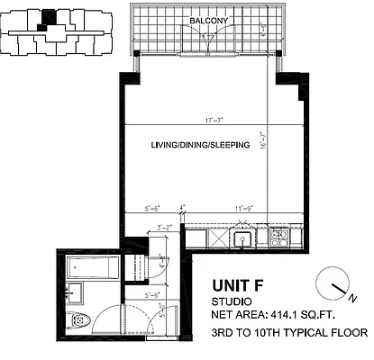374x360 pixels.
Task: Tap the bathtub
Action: point(91,265)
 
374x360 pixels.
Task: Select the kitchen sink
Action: point(242,238)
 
